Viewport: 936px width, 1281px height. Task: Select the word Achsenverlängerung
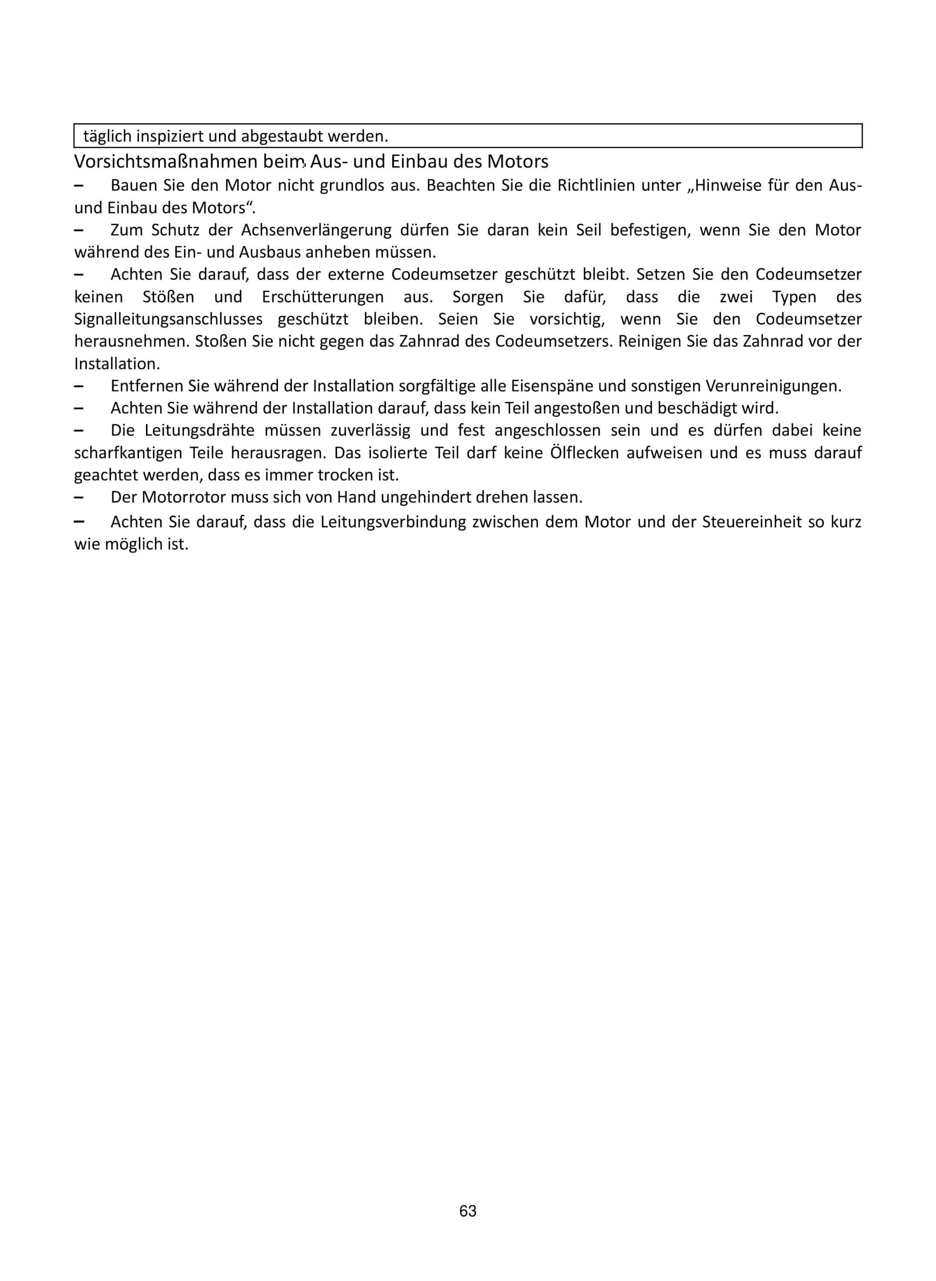(x=316, y=230)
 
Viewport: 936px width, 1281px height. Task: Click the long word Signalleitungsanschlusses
(x=168, y=319)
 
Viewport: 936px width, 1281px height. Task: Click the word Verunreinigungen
(x=774, y=386)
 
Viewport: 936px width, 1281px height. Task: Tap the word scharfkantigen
(x=128, y=453)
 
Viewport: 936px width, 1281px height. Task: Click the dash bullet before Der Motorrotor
(x=79, y=497)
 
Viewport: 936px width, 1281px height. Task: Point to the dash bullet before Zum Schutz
(x=79, y=230)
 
